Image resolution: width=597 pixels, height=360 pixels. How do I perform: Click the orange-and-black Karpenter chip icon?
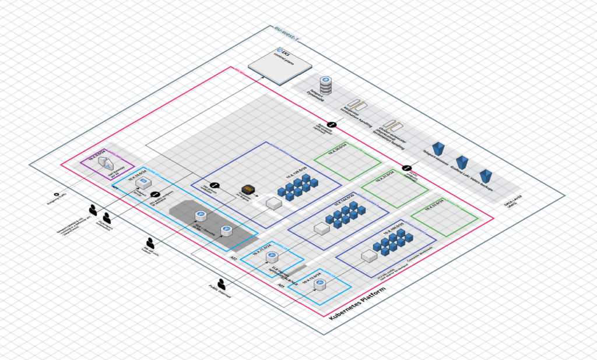(248, 190)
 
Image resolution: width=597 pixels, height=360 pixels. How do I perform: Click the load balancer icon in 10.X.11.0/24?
(271, 256)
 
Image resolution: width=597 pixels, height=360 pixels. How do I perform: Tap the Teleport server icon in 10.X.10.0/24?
(141, 183)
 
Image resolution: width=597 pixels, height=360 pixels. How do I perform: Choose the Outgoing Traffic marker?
(56, 195)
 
